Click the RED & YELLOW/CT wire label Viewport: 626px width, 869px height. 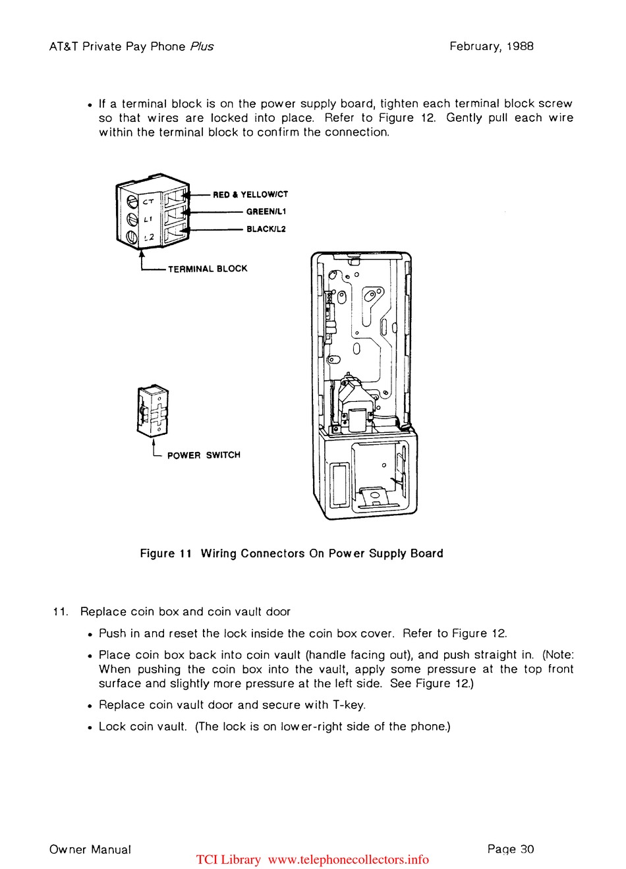click(250, 194)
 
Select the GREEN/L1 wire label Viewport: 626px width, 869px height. click(266, 211)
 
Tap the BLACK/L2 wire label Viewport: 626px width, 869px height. click(266, 229)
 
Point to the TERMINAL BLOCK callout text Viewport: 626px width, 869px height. click(208, 269)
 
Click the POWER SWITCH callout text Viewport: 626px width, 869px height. click(204, 455)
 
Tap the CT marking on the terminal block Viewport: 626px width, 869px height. click(148, 202)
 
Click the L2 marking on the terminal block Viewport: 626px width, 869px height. click(149, 237)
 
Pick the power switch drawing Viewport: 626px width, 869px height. click(153, 411)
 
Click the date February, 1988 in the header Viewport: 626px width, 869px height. click(492, 46)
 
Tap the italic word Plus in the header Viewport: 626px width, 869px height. click(202, 46)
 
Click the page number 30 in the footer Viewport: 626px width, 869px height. click(527, 849)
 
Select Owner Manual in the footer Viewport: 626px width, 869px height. click(90, 850)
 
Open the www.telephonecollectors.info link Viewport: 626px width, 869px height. click(349, 860)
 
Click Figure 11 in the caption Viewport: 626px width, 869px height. click(165, 553)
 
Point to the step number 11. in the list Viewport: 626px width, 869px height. click(61, 611)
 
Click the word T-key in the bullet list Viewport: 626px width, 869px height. click(349, 705)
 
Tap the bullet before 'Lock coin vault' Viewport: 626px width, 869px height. click(90, 727)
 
